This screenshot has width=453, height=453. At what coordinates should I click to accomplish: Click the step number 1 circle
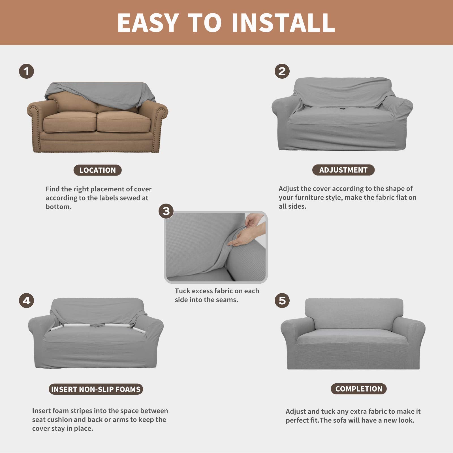26,71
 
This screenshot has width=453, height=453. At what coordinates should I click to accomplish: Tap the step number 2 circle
282,71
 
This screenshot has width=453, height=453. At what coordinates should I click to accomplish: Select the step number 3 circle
166,211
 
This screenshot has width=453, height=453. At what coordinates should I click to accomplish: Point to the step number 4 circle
26,300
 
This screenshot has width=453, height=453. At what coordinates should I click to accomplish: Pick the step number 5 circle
282,300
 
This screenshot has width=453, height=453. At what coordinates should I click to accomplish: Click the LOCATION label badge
97,170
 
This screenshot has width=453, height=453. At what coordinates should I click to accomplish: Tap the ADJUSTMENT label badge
343,170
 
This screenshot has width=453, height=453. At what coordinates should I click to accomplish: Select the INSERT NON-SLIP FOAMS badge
96,389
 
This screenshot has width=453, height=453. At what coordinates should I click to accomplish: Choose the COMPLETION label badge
358,389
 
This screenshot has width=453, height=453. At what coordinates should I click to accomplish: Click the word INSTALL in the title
283,23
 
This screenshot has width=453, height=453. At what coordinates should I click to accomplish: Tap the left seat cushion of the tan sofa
69,122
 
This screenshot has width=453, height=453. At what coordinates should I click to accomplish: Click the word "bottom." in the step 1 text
59,207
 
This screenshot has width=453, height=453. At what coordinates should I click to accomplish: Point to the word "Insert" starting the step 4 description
42,411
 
